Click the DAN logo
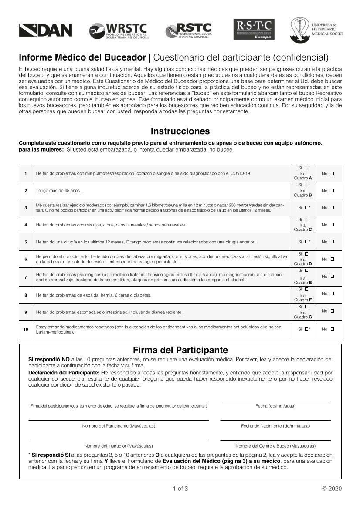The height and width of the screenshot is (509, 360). (45, 30)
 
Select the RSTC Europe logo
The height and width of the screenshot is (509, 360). (254, 30)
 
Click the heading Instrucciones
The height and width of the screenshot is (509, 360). (180, 131)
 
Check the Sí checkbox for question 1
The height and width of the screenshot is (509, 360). (307, 168)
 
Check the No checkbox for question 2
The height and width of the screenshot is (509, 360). (333, 191)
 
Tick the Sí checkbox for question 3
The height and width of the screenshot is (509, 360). (306, 208)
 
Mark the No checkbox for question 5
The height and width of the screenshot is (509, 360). (333, 242)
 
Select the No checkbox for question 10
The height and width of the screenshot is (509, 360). (333, 329)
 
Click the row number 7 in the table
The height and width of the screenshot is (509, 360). (26, 276)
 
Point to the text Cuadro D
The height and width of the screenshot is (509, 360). (303, 264)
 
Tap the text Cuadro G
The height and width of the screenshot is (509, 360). (303, 317)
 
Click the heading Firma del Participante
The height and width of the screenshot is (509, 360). (180, 350)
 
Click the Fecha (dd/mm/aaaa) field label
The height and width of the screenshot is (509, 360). (275, 406)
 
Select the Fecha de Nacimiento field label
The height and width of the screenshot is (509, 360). (275, 426)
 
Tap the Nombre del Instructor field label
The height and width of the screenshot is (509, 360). (119, 446)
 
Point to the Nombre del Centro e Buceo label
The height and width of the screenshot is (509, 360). (275, 446)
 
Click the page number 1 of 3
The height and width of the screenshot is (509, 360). (180, 488)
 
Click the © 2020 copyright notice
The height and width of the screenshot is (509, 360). (332, 488)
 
